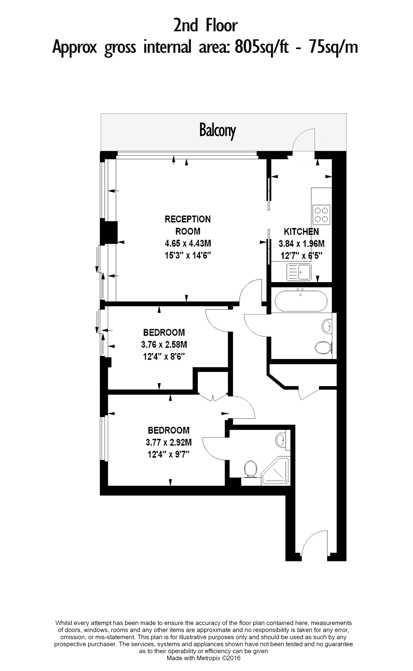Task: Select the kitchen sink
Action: click(x=299, y=272)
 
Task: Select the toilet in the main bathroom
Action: click(x=323, y=348)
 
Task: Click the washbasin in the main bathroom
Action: click(x=327, y=326)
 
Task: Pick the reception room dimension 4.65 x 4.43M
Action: click(x=188, y=243)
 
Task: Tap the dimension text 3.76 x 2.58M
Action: click(x=164, y=345)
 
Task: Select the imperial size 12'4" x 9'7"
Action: click(x=169, y=454)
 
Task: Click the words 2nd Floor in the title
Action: click(x=205, y=26)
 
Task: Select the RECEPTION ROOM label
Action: click(x=188, y=225)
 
